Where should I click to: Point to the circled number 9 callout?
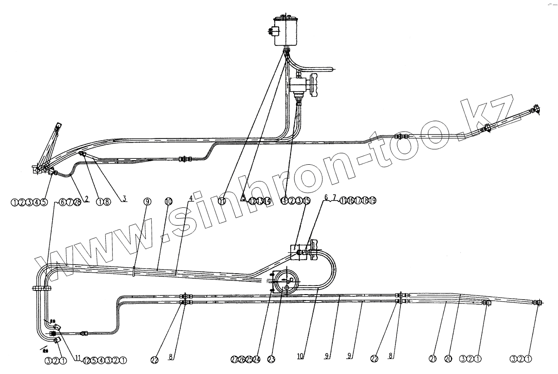pyautogui.click(x=147, y=202)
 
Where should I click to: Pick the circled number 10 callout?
pyautogui.click(x=168, y=202)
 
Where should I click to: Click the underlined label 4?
pyautogui.click(x=191, y=198)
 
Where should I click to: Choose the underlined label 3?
pyautogui.click(x=123, y=198)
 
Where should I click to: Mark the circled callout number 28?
pyautogui.click(x=77, y=202)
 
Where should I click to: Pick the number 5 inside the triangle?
pyautogui.click(x=244, y=199)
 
